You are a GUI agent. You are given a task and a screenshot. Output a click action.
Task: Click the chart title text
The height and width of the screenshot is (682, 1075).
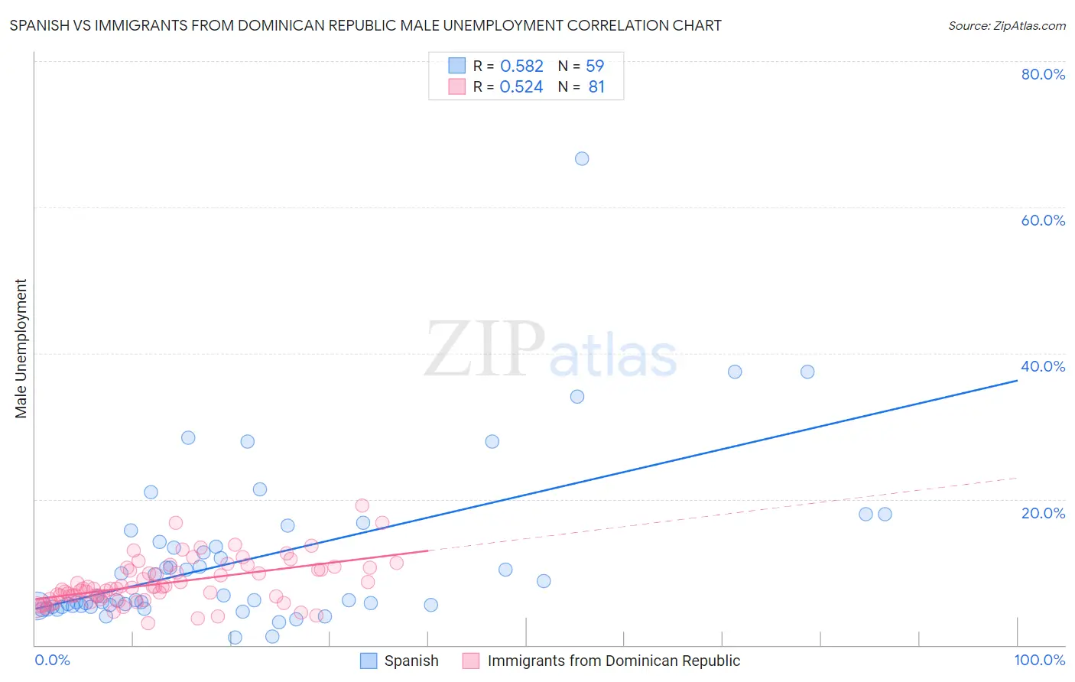click(x=365, y=25)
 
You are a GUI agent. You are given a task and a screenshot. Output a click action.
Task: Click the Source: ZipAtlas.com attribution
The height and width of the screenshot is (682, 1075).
click(x=1006, y=25)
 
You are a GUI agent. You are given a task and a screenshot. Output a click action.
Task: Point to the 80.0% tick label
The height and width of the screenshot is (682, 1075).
click(x=1043, y=74)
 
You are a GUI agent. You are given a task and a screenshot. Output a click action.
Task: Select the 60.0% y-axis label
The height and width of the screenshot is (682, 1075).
click(x=1043, y=220)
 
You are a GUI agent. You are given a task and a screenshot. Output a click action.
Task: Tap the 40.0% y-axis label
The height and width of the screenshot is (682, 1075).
click(x=1043, y=366)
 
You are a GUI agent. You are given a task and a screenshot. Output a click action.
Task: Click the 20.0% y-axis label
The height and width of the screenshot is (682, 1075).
click(x=1043, y=513)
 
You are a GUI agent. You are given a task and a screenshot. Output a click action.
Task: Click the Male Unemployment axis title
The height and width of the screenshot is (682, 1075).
click(x=21, y=349)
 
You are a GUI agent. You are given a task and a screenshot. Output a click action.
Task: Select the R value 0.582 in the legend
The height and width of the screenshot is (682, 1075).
click(x=521, y=67)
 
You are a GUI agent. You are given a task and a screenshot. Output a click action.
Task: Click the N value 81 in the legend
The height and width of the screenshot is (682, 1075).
click(x=596, y=87)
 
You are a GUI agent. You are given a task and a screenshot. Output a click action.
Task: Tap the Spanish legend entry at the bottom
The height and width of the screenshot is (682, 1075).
click(x=411, y=661)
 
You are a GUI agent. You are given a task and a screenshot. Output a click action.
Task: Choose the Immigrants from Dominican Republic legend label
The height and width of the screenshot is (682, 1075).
click(x=613, y=661)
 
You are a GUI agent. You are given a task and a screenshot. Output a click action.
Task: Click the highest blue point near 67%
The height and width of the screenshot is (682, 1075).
click(x=582, y=159)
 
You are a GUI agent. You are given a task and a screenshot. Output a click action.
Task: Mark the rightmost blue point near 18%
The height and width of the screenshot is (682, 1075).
click(x=885, y=514)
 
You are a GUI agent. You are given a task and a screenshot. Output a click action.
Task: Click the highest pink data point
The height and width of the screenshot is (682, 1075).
click(x=362, y=505)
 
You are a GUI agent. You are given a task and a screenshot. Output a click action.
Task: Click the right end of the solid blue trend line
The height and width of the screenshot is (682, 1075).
click(x=1017, y=380)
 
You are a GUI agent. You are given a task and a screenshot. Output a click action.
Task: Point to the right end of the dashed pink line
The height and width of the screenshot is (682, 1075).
click(x=1017, y=478)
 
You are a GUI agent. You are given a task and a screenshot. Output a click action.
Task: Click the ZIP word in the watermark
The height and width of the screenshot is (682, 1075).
click(x=485, y=350)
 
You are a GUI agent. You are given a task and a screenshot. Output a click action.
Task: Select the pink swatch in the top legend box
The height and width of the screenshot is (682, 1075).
click(x=456, y=87)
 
